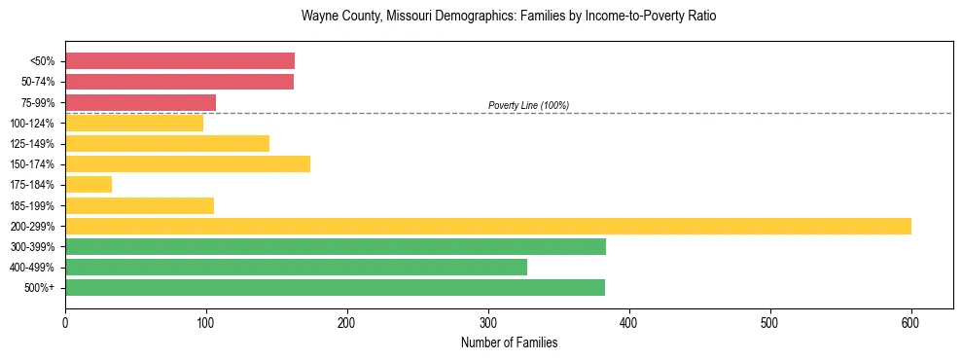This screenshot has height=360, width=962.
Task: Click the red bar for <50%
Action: click(180, 61)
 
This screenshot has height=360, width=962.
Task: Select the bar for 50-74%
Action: click(179, 82)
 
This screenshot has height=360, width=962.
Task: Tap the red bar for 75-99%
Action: click(140, 102)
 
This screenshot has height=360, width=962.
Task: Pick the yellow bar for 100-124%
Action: click(134, 123)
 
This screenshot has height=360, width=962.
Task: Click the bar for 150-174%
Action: click(188, 163)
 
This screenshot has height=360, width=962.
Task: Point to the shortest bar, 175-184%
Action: click(89, 184)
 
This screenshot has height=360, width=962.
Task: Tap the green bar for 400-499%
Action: click(296, 267)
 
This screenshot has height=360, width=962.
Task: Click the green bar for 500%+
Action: click(335, 287)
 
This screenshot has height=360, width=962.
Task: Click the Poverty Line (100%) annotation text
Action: click(528, 105)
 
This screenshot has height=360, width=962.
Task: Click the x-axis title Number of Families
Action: click(509, 342)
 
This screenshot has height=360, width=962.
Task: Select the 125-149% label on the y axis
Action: click(33, 144)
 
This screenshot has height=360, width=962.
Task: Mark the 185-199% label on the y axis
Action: click(33, 205)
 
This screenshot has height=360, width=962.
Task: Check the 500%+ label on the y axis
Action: click(40, 288)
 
